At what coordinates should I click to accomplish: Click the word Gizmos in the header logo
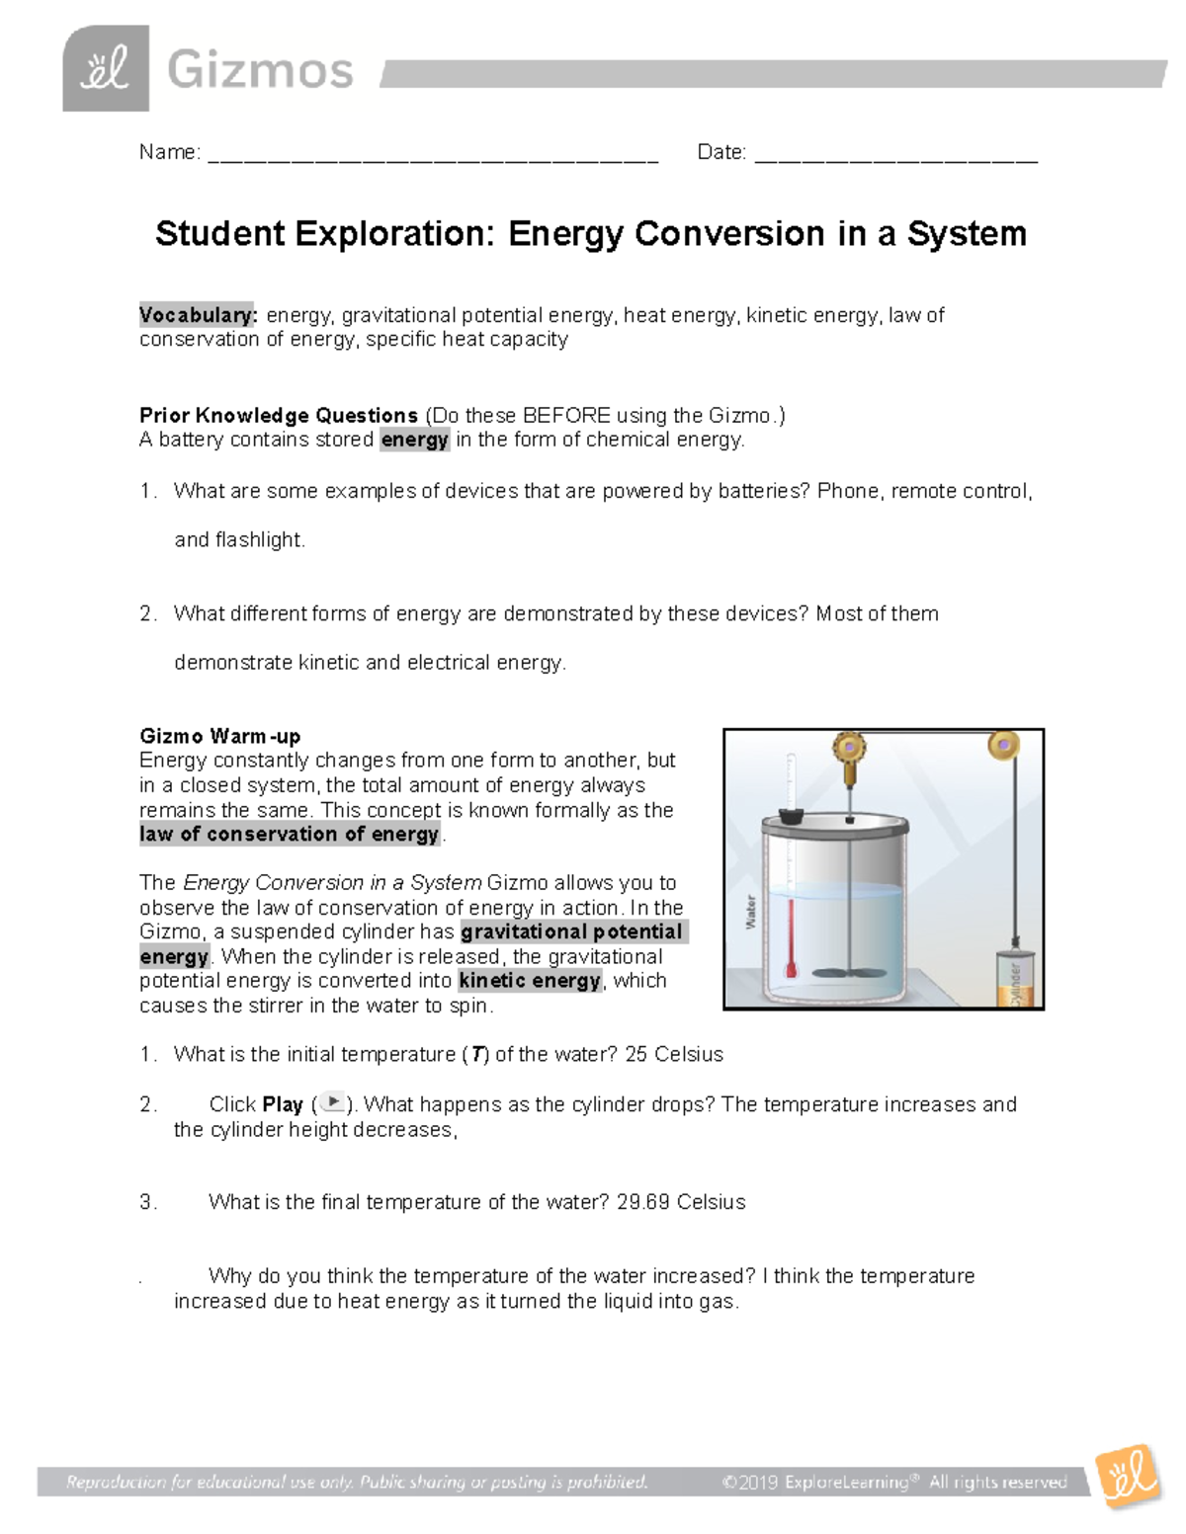click(x=260, y=71)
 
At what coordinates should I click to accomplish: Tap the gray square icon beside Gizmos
click(x=106, y=69)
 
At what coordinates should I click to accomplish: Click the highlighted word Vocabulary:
click(x=199, y=315)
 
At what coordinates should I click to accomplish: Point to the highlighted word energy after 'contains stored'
click(x=415, y=440)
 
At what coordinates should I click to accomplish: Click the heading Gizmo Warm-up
click(x=219, y=736)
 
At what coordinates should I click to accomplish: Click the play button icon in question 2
click(x=334, y=1102)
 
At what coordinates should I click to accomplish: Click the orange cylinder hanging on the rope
click(x=1014, y=979)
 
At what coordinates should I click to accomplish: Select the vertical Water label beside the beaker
click(x=750, y=912)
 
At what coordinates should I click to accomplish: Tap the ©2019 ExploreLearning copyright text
click(x=894, y=1482)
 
